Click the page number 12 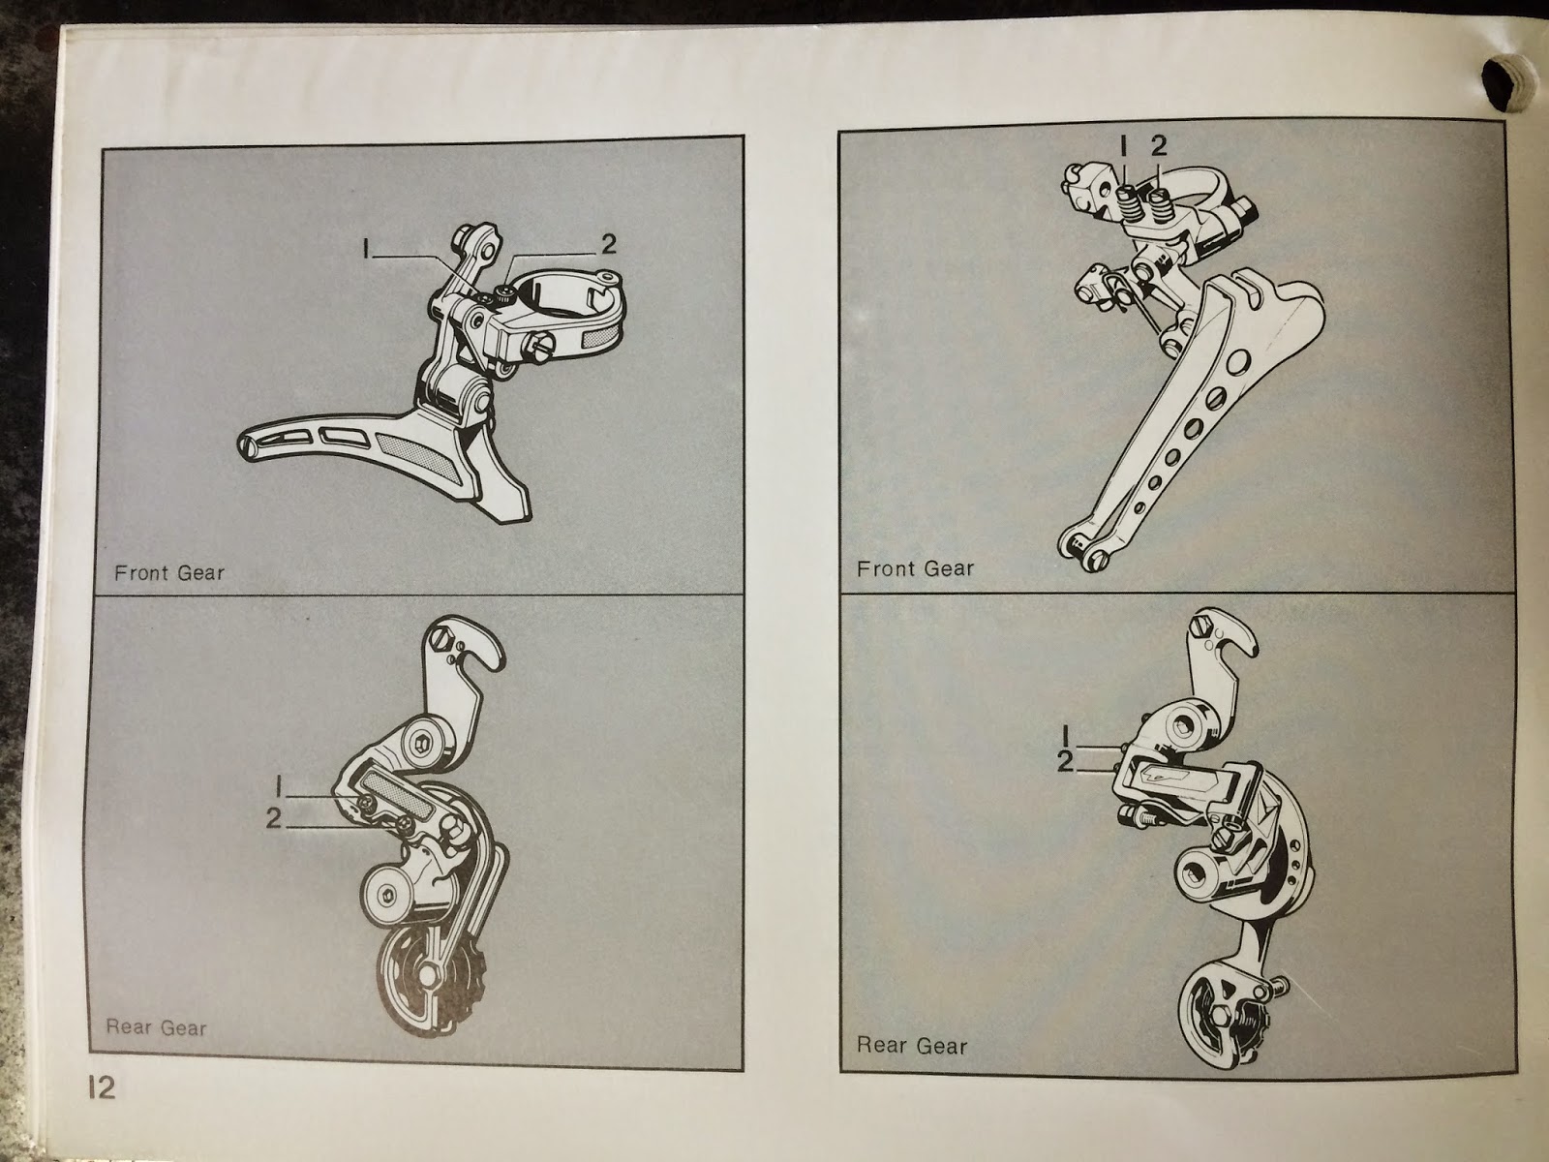[102, 1087]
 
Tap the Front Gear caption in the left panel [169, 573]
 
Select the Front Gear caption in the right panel [915, 568]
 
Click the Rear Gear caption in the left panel [156, 1027]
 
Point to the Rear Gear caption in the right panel [912, 1046]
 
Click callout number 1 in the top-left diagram [366, 248]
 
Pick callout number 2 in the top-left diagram [608, 244]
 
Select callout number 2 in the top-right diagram [1159, 145]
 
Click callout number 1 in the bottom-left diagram [280, 786]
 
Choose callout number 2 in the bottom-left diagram [274, 818]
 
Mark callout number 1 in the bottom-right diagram [1066, 737]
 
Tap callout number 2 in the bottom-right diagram [1065, 761]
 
